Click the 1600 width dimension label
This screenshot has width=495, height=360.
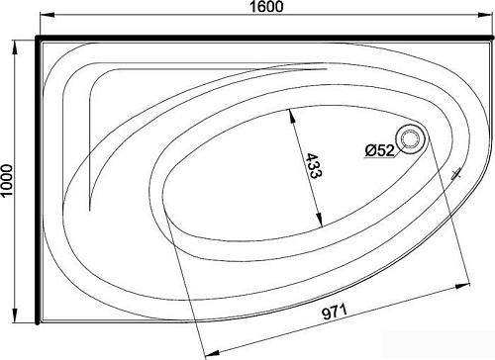click(x=266, y=6)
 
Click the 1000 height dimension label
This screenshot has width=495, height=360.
click(x=7, y=180)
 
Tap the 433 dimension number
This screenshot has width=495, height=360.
click(x=314, y=165)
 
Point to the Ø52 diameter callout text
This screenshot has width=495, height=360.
click(x=380, y=150)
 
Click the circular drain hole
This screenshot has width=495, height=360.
click(x=410, y=138)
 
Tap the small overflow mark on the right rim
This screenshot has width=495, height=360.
click(x=456, y=174)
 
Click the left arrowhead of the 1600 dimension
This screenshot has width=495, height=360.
click(x=48, y=15)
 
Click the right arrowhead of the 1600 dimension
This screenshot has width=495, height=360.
click(x=486, y=15)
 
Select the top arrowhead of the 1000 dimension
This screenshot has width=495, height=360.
click(x=15, y=48)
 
